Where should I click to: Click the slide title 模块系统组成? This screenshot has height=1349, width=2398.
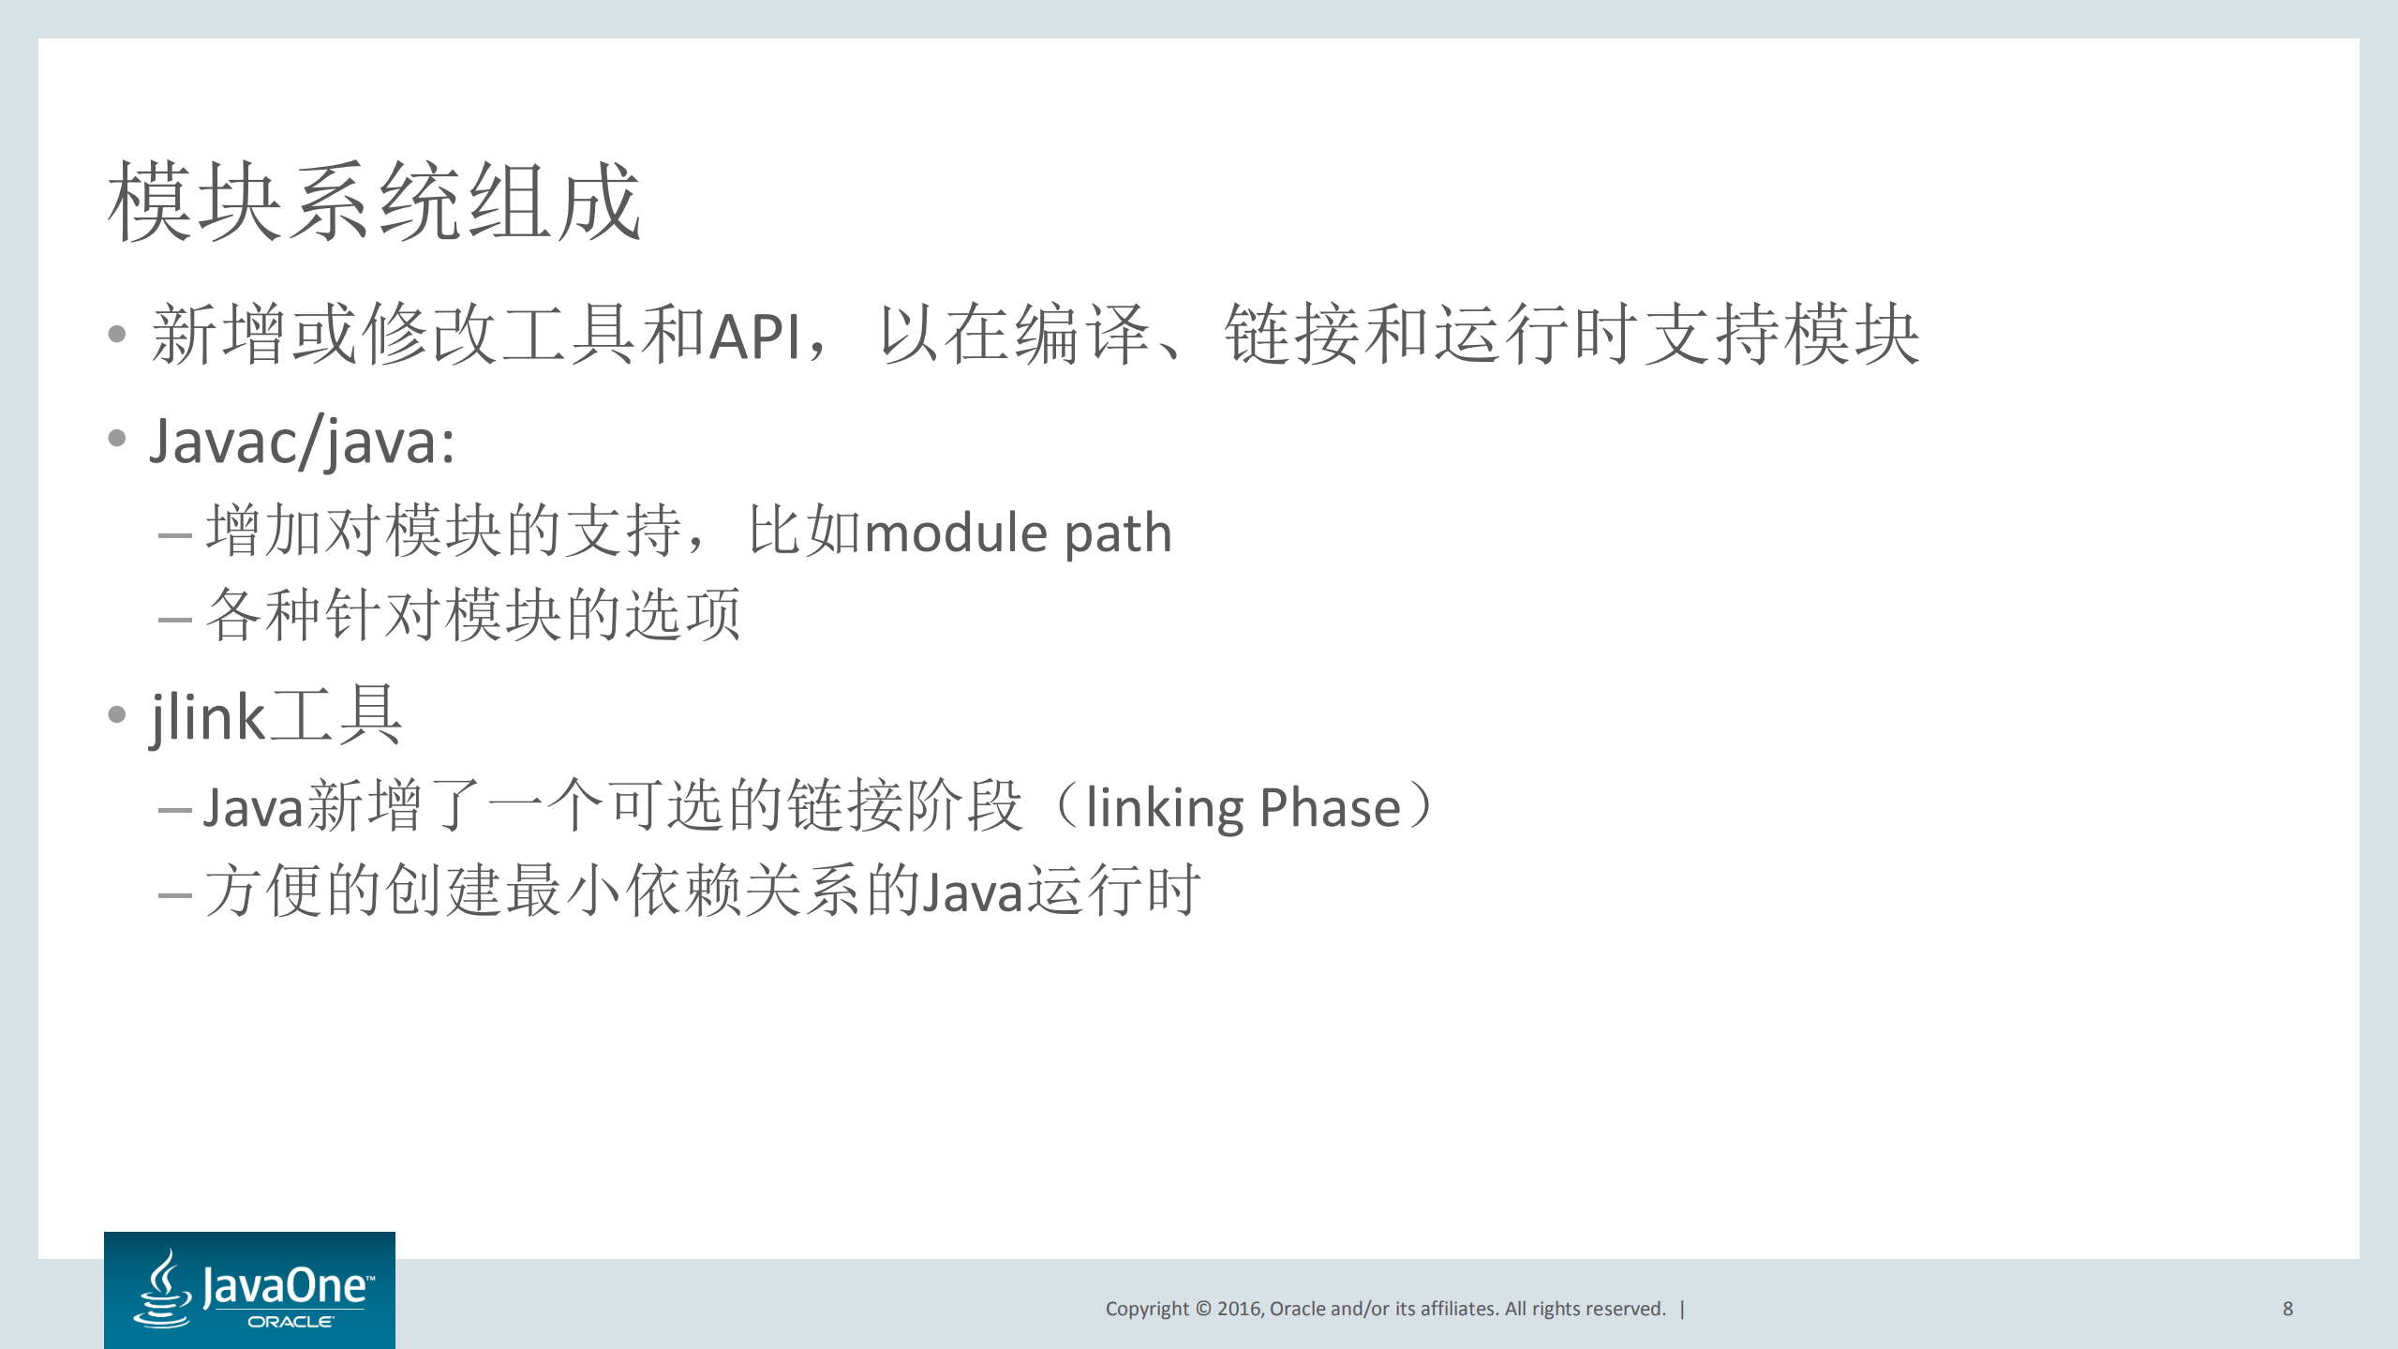374,201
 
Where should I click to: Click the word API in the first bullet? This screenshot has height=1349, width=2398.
754,336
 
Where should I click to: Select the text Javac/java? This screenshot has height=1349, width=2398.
302,441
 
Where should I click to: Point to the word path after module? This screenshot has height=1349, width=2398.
1118,534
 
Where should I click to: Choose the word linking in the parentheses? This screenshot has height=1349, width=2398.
1164,807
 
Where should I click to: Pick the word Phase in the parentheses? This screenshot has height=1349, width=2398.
1330,807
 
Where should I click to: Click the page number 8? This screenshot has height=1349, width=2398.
2287,1309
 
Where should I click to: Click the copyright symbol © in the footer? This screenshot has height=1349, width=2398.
1203,1309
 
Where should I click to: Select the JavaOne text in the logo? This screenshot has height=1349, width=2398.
286,1284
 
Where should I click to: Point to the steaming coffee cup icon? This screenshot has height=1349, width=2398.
165,1289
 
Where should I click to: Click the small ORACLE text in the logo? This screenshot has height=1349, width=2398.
290,1322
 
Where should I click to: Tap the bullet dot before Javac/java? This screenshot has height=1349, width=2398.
117,438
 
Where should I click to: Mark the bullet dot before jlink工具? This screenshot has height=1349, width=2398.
117,715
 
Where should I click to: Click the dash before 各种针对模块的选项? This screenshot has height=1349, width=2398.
175,619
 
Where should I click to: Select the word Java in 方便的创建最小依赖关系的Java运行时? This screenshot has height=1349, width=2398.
972,892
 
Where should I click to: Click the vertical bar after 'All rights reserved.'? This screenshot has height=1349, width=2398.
1683,1309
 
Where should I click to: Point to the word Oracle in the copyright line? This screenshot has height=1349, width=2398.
1297,1309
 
